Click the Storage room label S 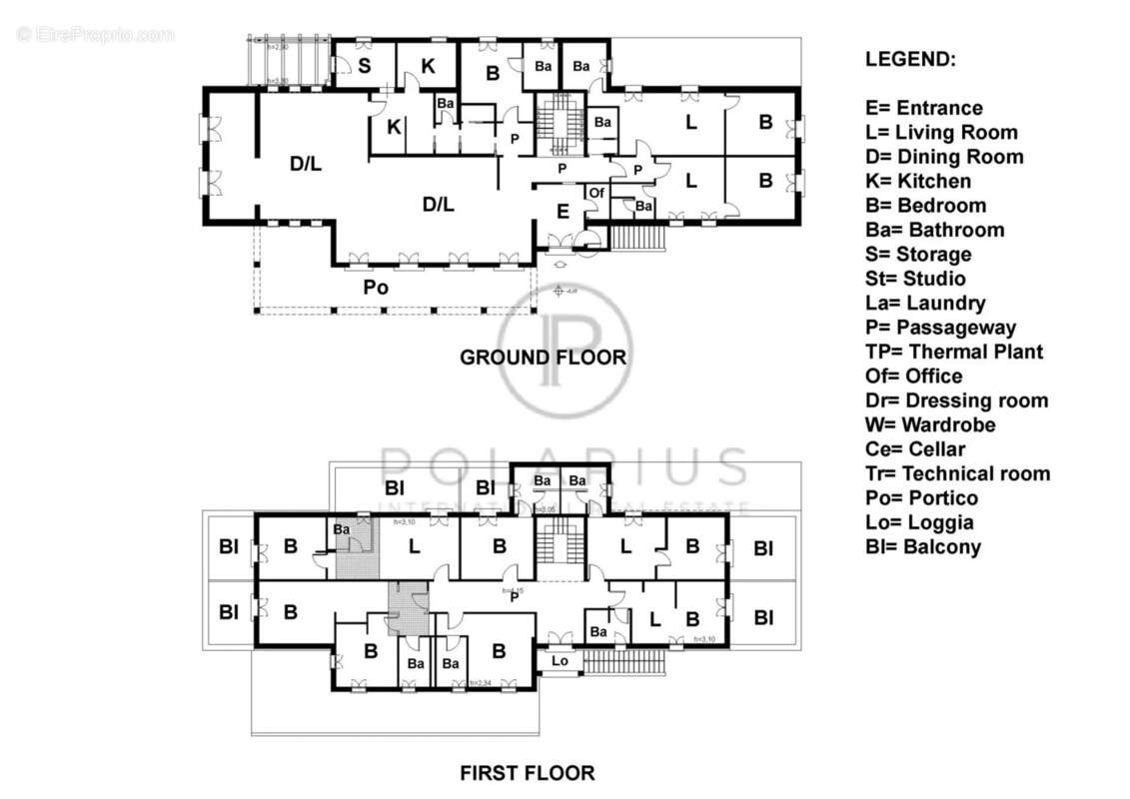(x=365, y=66)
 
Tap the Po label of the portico (x=376, y=288)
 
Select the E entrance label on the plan (x=563, y=211)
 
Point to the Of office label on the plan (x=596, y=192)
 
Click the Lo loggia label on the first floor (x=560, y=661)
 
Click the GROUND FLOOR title (x=543, y=357)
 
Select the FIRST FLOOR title (x=527, y=772)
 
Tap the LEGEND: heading (x=910, y=59)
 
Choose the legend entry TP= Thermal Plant (x=954, y=352)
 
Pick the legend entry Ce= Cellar (x=915, y=449)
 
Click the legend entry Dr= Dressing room (x=956, y=400)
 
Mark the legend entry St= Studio (x=915, y=279)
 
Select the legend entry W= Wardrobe (x=930, y=424)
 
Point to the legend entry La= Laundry (x=925, y=303)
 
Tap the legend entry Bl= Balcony (x=923, y=546)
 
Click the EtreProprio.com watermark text (x=96, y=35)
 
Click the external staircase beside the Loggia (x=624, y=661)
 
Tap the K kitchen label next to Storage (x=428, y=66)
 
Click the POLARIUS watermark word (x=565, y=466)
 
